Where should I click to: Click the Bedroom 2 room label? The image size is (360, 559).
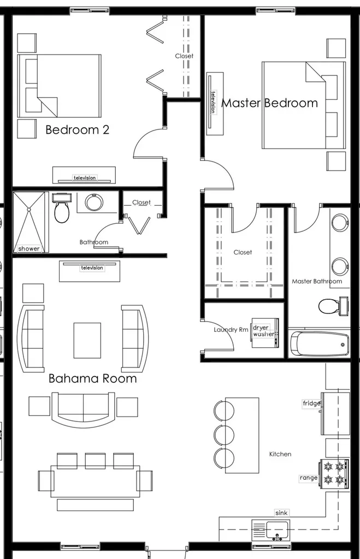(x=77, y=130)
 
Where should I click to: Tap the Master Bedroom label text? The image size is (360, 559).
(x=269, y=103)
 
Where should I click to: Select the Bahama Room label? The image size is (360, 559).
(x=92, y=378)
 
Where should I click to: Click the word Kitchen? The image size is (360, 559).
(x=280, y=454)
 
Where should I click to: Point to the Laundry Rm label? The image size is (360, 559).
(x=231, y=330)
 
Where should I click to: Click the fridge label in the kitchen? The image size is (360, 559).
(x=311, y=403)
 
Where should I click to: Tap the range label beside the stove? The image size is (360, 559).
(x=308, y=478)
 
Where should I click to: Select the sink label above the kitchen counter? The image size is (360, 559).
(x=281, y=513)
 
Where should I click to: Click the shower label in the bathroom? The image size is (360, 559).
(x=29, y=249)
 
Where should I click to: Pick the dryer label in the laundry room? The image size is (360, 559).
(x=261, y=328)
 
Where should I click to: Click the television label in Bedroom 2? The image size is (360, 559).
(x=85, y=178)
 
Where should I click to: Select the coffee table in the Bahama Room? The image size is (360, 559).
(x=87, y=340)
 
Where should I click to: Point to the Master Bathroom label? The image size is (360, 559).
(x=317, y=282)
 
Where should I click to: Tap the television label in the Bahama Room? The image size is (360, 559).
(x=92, y=268)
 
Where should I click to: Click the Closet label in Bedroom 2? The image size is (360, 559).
(x=184, y=56)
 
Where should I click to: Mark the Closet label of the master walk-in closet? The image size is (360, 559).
(x=243, y=253)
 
